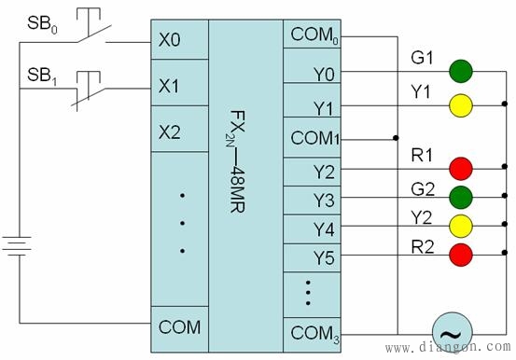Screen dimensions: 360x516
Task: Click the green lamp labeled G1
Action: click(459, 71)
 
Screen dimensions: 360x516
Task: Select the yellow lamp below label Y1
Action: click(459, 103)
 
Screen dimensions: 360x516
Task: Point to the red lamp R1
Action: click(459, 168)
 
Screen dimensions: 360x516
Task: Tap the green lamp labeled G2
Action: click(459, 197)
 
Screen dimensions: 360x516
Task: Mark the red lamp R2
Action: click(459, 253)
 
